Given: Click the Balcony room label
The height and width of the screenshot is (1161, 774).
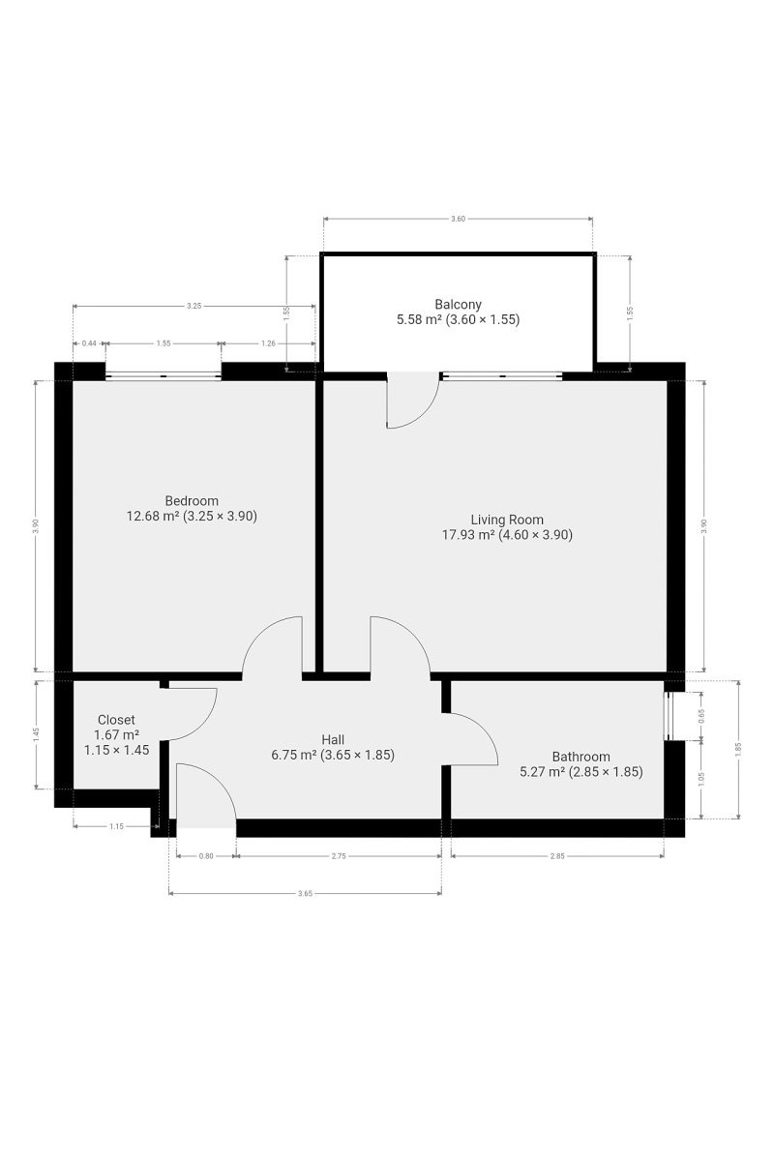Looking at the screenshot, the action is pyautogui.click(x=458, y=304).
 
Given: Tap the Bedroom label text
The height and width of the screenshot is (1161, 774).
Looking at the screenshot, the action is pyautogui.click(x=192, y=501).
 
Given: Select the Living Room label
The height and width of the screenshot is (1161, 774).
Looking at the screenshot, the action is pyautogui.click(x=507, y=520).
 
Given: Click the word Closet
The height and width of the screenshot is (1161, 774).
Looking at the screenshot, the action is pyautogui.click(x=116, y=720).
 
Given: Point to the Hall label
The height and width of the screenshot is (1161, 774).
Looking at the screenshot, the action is pyautogui.click(x=333, y=739).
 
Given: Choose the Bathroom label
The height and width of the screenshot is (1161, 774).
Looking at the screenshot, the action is pyautogui.click(x=580, y=757).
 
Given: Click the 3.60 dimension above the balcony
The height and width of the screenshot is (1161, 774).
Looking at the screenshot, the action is pyautogui.click(x=458, y=219).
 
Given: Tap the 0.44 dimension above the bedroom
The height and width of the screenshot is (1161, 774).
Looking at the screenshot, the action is pyautogui.click(x=89, y=343).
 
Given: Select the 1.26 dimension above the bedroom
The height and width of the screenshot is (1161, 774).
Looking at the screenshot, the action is pyautogui.click(x=268, y=343).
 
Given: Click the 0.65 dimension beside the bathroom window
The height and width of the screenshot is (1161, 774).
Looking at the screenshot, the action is pyautogui.click(x=702, y=716).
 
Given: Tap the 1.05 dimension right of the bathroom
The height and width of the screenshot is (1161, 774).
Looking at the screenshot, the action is pyautogui.click(x=702, y=779).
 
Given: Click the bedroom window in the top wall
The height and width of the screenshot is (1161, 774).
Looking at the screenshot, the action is pyautogui.click(x=164, y=376).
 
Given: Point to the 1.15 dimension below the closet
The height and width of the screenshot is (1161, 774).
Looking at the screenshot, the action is pyautogui.click(x=117, y=826).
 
